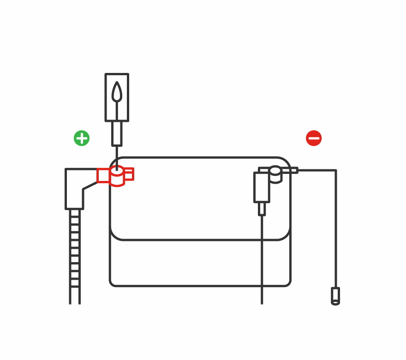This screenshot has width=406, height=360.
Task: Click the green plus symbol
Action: coord(82,138)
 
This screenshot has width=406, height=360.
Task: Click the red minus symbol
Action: coord(314,138)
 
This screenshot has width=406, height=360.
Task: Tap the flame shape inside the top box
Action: coord(117,92)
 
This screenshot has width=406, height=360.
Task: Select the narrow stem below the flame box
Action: coord(117,133)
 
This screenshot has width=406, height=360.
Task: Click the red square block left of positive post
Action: coord(103,175)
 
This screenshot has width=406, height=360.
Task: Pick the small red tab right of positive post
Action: coord(129,174)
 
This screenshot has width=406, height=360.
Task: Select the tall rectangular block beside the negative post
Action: coord(262,187)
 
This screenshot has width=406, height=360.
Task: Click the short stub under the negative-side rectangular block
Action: coord(262,209)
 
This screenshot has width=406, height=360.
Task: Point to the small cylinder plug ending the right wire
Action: coord(335,296)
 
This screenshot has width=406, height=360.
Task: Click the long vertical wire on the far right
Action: coord(335,231)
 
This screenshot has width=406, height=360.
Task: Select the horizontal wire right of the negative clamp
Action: coord(318,170)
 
